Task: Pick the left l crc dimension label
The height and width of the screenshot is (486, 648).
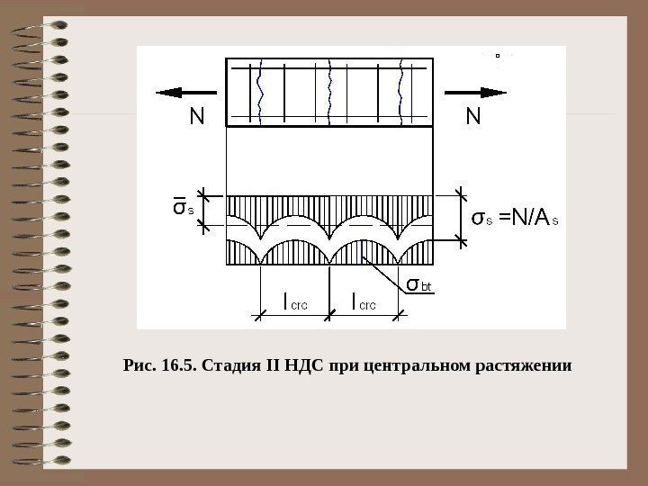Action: click(295, 302)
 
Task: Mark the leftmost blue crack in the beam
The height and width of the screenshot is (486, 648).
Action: click(260, 91)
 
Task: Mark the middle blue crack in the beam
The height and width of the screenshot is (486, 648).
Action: click(332, 91)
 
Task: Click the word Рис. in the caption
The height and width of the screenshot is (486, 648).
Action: click(138, 367)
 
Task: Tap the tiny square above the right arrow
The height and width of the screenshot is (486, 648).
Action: click(496, 55)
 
